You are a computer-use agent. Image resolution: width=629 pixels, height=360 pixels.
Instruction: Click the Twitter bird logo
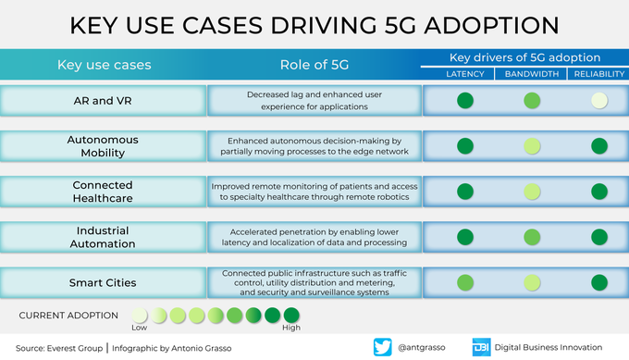tap(383, 347)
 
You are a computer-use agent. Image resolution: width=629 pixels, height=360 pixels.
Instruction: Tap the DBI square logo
tap(481, 347)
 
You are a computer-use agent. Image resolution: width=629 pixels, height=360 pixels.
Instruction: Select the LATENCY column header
tap(465, 74)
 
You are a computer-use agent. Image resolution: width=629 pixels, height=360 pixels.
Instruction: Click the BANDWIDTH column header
tap(532, 74)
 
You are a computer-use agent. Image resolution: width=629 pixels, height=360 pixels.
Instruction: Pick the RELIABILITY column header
tap(598, 74)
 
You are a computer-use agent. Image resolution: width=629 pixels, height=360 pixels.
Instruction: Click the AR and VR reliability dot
tap(599, 101)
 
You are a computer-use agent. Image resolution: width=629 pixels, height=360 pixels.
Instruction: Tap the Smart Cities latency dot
tap(465, 282)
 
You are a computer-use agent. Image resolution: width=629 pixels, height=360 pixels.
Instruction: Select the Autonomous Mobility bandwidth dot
tap(532, 146)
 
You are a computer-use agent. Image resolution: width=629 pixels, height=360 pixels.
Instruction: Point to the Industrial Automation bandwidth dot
tap(532, 237)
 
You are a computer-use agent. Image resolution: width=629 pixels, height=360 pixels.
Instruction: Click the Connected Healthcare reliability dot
tap(599, 192)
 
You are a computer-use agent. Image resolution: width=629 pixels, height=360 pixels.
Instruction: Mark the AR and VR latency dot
tap(465, 101)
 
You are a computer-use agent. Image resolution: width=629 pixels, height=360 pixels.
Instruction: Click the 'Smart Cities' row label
tap(103, 283)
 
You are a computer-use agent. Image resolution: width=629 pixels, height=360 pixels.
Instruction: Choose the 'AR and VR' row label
tap(103, 101)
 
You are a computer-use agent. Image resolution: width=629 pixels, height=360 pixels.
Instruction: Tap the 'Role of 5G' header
tap(314, 65)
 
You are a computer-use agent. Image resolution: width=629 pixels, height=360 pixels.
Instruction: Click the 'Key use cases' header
tap(105, 65)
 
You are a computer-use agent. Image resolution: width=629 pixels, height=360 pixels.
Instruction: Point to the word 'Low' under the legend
tap(139, 328)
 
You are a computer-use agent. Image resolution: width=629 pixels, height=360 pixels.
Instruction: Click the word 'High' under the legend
tap(291, 328)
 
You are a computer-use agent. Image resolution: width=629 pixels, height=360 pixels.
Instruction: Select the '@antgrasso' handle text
tap(421, 348)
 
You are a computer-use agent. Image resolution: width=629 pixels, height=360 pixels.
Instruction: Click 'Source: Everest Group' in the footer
tap(59, 348)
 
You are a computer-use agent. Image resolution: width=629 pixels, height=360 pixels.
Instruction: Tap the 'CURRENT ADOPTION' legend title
tap(68, 316)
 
